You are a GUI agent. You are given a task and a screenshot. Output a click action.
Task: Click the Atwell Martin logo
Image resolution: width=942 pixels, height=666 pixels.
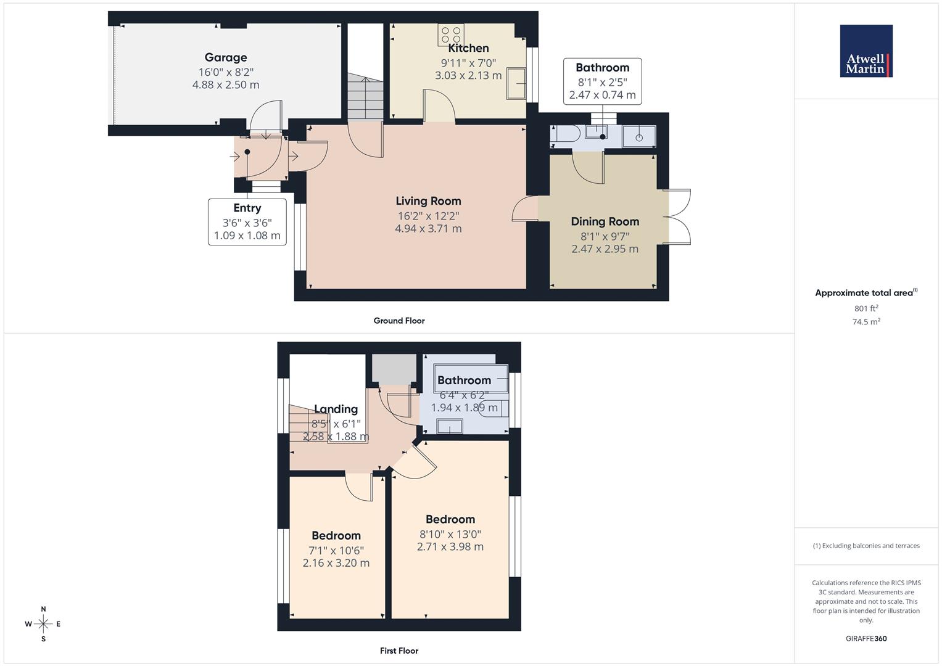coord(866,51)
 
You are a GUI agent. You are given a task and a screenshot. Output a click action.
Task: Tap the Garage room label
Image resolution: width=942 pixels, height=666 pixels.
coord(226,57)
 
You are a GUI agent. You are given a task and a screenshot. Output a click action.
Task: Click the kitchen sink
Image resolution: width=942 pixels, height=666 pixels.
coord(516,83)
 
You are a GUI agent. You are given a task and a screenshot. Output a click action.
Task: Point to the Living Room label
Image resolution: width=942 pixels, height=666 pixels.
coord(428,200)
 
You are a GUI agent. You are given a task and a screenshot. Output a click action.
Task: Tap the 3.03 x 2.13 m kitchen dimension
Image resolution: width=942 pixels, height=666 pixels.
coord(468,75)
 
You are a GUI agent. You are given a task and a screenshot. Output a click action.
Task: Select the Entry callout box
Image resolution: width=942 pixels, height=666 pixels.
coord(247,222)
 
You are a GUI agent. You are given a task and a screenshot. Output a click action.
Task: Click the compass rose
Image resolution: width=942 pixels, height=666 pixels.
coord(43,624)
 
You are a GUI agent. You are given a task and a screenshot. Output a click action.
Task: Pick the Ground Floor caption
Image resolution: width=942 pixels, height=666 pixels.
coord(399,321)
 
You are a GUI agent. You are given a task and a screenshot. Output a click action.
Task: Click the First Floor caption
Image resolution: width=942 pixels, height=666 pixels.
coord(399,651)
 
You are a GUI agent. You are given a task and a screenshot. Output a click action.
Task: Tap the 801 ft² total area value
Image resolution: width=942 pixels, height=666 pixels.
coord(866,308)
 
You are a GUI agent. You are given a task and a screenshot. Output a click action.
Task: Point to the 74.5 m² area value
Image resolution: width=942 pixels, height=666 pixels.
coord(866,322)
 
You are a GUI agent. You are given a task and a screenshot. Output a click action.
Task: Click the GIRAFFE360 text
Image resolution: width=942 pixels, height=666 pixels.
coord(866,638)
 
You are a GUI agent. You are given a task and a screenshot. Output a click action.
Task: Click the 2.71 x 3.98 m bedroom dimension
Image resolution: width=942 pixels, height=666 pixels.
coord(450,547)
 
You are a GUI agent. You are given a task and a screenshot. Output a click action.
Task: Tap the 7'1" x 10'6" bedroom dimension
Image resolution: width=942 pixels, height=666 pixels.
coord(336,550)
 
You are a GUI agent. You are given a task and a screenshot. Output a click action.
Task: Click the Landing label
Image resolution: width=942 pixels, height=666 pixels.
coord(336,409)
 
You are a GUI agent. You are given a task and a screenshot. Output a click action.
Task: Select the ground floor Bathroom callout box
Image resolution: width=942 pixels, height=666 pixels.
coord(602,81)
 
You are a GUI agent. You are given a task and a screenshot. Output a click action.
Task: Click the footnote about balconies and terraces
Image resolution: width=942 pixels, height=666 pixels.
coord(866,546)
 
